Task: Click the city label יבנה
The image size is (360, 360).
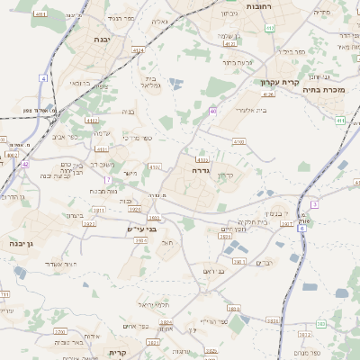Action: click(101, 40)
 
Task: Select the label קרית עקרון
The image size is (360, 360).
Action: click(279, 83)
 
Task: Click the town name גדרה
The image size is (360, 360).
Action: click(200, 169)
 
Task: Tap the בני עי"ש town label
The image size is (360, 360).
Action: click(141, 229)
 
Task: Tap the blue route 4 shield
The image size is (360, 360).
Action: click(42, 79)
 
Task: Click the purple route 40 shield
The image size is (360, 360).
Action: click(212, 111)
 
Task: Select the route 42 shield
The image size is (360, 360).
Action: click(26, 165)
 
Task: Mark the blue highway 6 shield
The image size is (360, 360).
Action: click(301, 229)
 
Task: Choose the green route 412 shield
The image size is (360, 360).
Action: click(270, 28)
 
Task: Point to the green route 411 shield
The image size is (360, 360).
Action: click(339, 119)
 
